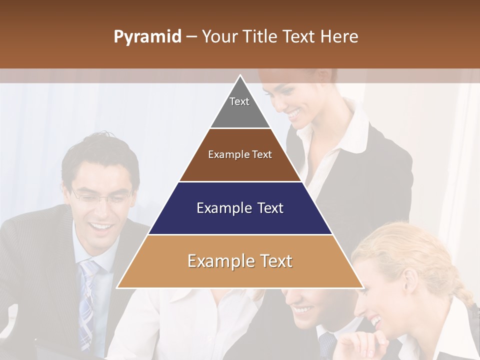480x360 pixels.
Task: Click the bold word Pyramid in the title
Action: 147,37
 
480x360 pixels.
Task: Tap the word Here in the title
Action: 339,37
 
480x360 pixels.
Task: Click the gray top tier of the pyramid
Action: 240,112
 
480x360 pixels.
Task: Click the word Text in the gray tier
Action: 239,101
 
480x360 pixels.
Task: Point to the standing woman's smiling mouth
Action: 293,114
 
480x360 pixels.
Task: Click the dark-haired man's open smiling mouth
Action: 103,227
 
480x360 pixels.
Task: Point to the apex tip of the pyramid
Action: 240,76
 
